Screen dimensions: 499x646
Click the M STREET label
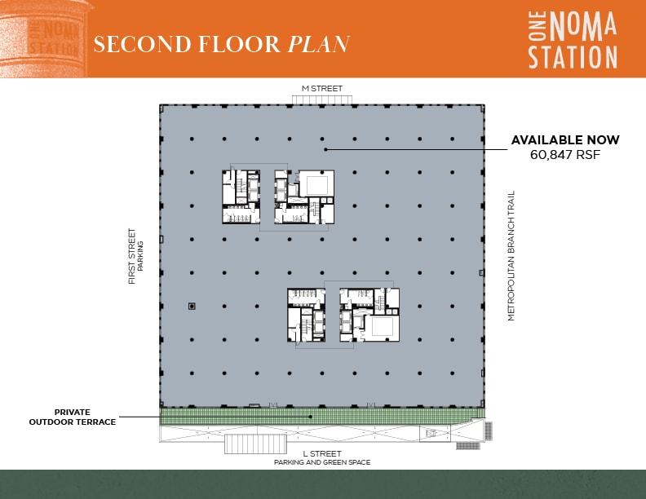(x=322, y=88)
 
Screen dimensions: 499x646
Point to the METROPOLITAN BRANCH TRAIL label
(x=511, y=255)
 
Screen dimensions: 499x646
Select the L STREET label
(x=321, y=453)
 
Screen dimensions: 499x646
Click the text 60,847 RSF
(x=565, y=154)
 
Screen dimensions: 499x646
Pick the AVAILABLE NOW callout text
(x=565, y=140)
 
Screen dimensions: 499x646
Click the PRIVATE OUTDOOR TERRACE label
(x=72, y=417)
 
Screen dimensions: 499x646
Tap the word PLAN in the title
(x=319, y=43)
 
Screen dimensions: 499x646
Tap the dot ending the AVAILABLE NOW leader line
(x=325, y=149)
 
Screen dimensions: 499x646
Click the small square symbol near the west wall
(x=192, y=306)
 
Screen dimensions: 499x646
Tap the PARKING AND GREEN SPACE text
(x=321, y=462)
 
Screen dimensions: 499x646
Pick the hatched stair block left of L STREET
(x=255, y=444)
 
